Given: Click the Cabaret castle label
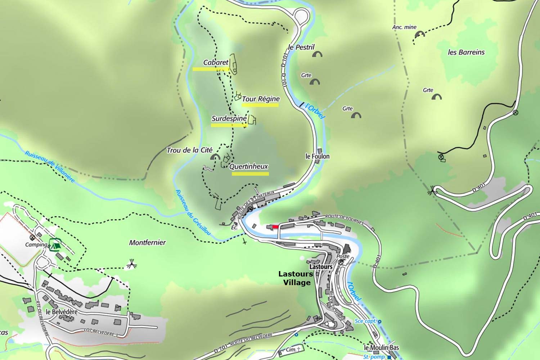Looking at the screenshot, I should (216, 62).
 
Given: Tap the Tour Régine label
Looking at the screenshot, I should (261, 99).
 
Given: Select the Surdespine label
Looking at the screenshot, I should (229, 118).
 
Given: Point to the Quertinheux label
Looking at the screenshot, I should (249, 166).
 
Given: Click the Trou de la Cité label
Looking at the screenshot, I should (189, 150).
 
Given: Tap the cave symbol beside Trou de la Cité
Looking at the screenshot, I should (216, 157).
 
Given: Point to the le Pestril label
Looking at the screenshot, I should (302, 47).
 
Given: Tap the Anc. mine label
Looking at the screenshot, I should (404, 27).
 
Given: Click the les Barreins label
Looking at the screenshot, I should (466, 52).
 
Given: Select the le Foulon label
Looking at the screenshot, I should (317, 156).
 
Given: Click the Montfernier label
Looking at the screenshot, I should (147, 243).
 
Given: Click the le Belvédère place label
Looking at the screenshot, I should (62, 312).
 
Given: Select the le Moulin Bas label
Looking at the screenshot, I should (381, 348).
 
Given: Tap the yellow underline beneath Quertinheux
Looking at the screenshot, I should (250, 174).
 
